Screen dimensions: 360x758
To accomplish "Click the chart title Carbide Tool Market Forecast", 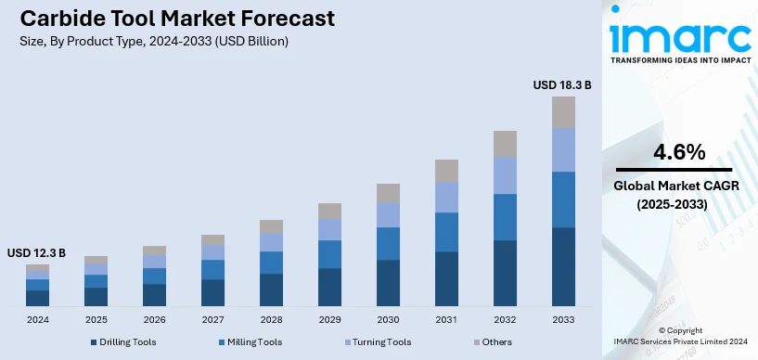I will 172,19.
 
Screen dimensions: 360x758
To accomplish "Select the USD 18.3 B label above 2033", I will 561,84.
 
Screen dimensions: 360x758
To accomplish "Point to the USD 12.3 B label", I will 37,252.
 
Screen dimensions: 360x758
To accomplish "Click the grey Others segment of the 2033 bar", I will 563,112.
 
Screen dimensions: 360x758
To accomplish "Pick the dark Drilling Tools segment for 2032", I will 505,273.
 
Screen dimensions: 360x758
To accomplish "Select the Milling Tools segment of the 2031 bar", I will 446,232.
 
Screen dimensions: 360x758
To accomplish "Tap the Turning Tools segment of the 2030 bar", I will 388,214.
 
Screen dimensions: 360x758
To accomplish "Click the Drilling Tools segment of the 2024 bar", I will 37,298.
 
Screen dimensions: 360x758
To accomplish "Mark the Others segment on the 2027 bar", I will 212,239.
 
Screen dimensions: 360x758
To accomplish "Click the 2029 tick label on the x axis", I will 329,319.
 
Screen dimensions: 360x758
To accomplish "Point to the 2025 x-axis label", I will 96,319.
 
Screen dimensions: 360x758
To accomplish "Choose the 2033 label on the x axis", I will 563,319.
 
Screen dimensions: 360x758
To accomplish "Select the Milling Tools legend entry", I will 251,342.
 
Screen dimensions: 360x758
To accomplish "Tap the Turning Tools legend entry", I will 375,342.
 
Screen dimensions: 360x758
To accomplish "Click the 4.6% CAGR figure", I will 679,152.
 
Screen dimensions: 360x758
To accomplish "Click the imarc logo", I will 679,35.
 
